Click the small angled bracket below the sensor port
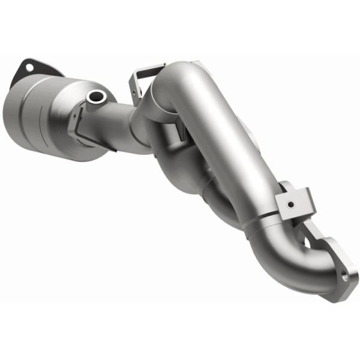pos(74,121)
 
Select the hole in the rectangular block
pos(290,205)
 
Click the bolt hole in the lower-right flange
pos(345,277)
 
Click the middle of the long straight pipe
pos(234,150)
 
